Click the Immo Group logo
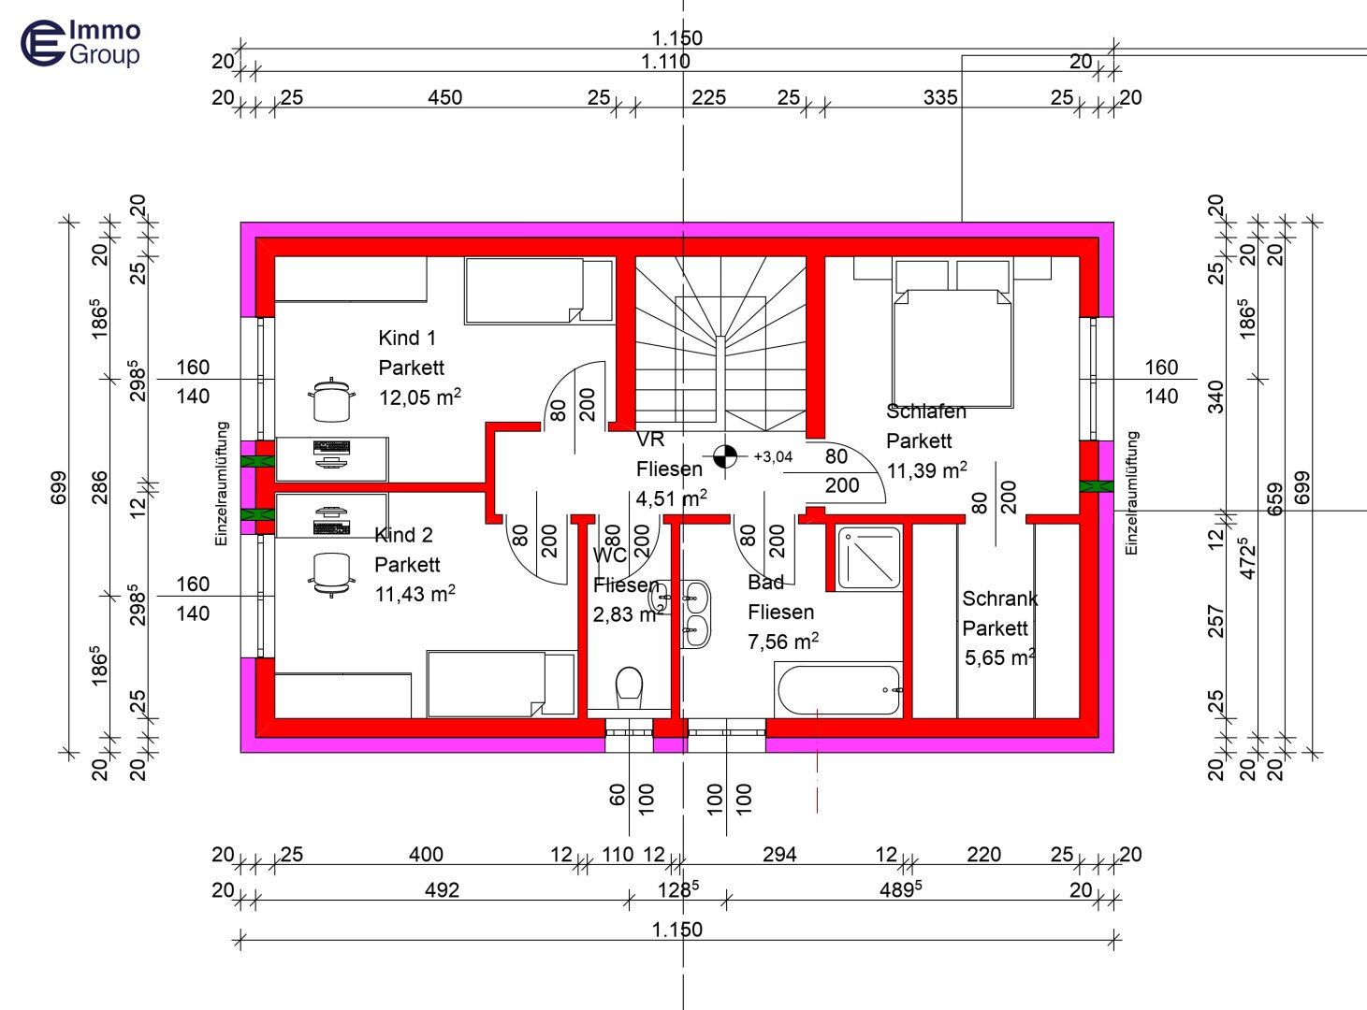[x=80, y=43]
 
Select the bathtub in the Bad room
[x=838, y=689]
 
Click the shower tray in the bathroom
[x=869, y=558]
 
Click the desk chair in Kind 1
[x=331, y=399]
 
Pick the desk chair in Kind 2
[x=331, y=572]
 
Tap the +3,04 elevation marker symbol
[x=724, y=456]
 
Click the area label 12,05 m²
[x=419, y=397]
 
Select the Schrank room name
[x=999, y=599]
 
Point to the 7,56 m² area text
[x=782, y=642]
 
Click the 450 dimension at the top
[x=444, y=97]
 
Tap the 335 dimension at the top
[x=939, y=97]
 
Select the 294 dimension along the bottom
[x=778, y=854]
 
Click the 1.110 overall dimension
[x=665, y=62]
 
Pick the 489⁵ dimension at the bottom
[x=899, y=890]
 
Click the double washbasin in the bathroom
[x=694, y=613]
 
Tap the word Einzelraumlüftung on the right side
[x=1132, y=493]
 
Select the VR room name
[x=649, y=440]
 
